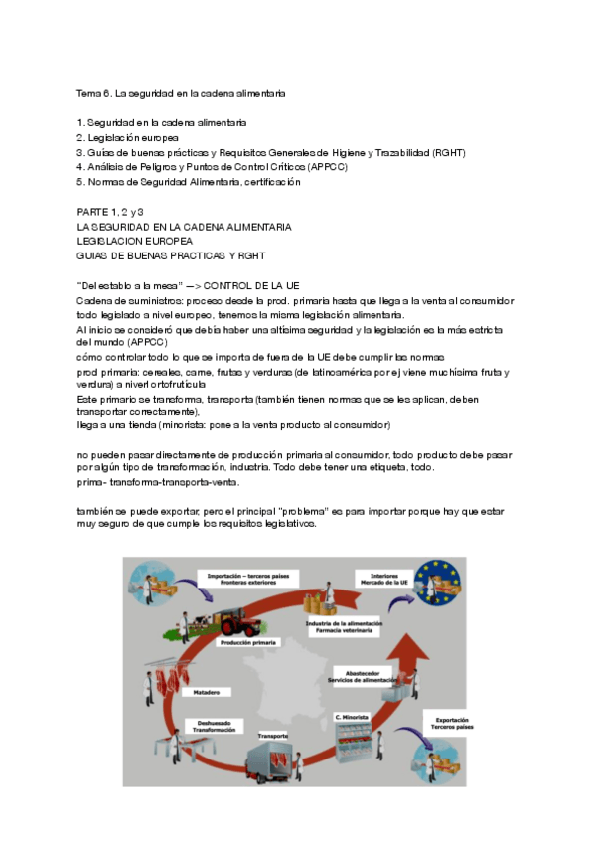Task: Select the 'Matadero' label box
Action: pyautogui.click(x=208, y=691)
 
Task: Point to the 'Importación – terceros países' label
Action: pyautogui.click(x=241, y=578)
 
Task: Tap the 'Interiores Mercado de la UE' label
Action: pyautogui.click(x=384, y=578)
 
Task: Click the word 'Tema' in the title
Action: pyautogui.click(x=88, y=93)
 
